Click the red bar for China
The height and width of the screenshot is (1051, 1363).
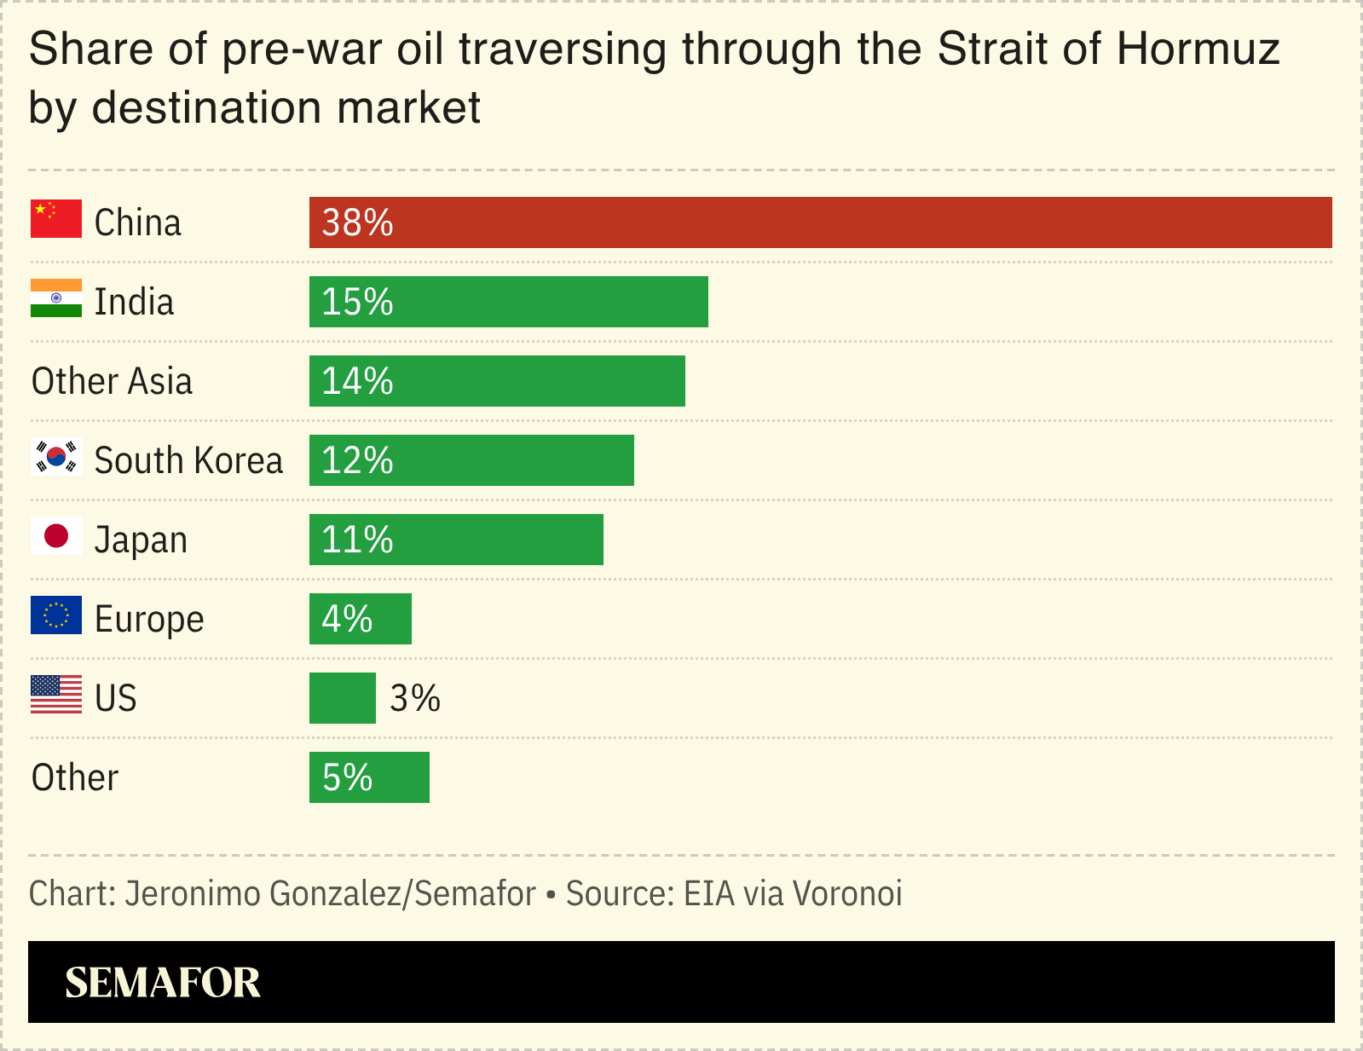(820, 222)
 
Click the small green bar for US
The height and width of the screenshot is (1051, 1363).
(342, 698)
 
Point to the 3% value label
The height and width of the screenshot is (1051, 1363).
(415, 698)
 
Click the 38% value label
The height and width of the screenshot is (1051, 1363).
(357, 222)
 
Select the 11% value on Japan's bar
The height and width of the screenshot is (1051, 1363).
(357, 540)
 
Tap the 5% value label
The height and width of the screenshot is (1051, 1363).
(347, 777)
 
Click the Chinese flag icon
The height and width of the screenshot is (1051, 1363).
(56, 219)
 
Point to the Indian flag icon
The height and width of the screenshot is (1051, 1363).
(56, 298)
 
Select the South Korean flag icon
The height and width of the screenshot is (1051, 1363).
(56, 457)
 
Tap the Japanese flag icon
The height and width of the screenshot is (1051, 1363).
(56, 536)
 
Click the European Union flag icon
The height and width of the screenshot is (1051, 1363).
(56, 615)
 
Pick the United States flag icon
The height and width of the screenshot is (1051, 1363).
(56, 695)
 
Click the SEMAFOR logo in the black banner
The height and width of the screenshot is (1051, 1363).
(163, 983)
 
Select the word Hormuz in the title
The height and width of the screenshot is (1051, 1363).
(1198, 49)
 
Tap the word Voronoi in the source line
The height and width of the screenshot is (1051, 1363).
(847, 893)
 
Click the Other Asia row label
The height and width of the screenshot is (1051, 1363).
(112, 381)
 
